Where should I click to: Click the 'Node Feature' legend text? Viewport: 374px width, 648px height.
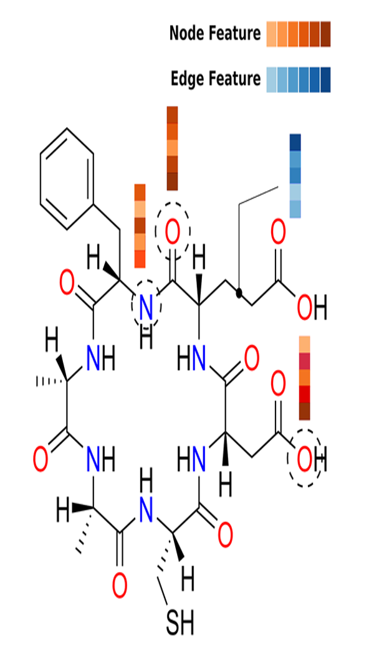click(215, 34)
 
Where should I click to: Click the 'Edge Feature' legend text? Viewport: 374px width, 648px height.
click(216, 79)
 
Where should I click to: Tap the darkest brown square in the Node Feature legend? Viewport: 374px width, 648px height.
click(325, 34)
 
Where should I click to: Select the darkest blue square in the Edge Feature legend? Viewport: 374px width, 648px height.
click(325, 80)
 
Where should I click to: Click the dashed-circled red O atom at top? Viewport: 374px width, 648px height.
click(172, 232)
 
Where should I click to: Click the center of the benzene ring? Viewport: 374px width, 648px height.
click(67, 179)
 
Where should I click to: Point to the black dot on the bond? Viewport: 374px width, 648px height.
click(239, 293)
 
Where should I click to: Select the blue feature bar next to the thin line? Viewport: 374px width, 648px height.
click(295, 176)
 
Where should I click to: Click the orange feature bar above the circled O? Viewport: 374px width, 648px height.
click(172, 148)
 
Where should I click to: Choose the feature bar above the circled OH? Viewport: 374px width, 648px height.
click(305, 378)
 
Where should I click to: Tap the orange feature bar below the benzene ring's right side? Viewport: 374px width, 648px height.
click(140, 226)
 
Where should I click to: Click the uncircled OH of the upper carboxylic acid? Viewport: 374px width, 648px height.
click(312, 308)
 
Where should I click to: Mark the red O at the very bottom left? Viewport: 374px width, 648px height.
click(120, 586)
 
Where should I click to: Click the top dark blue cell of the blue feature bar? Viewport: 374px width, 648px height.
click(295, 142)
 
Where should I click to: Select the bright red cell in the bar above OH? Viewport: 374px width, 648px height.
click(305, 394)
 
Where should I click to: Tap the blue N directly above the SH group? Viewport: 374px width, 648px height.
click(146, 510)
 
